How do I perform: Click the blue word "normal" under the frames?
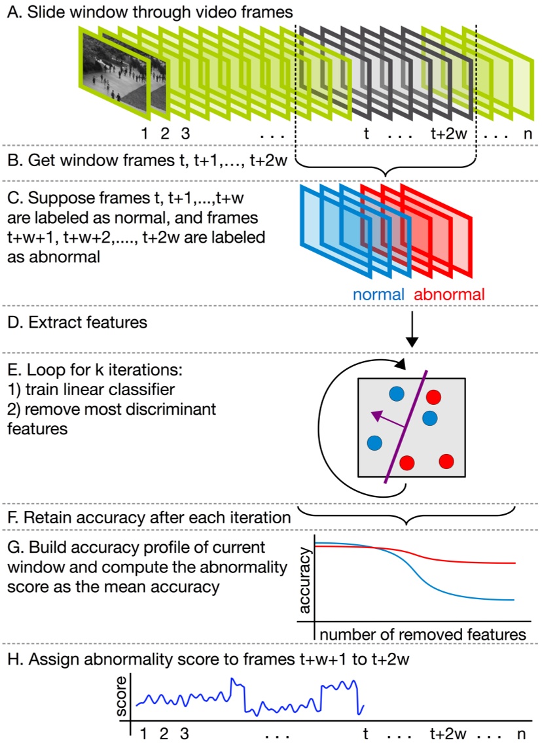[378, 294]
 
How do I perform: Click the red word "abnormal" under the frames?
[450, 294]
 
